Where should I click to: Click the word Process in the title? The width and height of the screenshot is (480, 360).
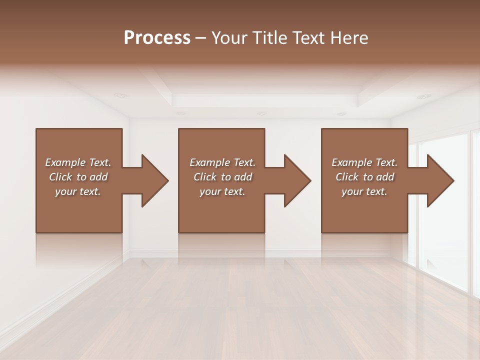[157, 38]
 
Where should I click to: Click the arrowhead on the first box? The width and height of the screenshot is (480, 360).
[152, 181]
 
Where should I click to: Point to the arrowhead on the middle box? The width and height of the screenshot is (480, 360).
[295, 181]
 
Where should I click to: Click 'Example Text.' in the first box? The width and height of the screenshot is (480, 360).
[78, 162]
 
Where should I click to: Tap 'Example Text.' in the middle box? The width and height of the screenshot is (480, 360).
[222, 162]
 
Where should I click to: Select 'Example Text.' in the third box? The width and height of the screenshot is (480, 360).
[364, 162]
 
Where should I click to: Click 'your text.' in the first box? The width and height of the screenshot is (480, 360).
[78, 191]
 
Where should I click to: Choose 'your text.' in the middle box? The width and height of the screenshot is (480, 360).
[222, 191]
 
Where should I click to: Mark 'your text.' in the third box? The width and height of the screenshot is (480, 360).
[364, 191]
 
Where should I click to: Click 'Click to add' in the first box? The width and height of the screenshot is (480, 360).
[78, 177]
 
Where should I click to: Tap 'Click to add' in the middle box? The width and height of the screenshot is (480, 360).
[222, 177]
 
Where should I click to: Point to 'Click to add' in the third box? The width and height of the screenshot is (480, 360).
[364, 177]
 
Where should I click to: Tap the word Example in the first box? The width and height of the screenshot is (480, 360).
[65, 162]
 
